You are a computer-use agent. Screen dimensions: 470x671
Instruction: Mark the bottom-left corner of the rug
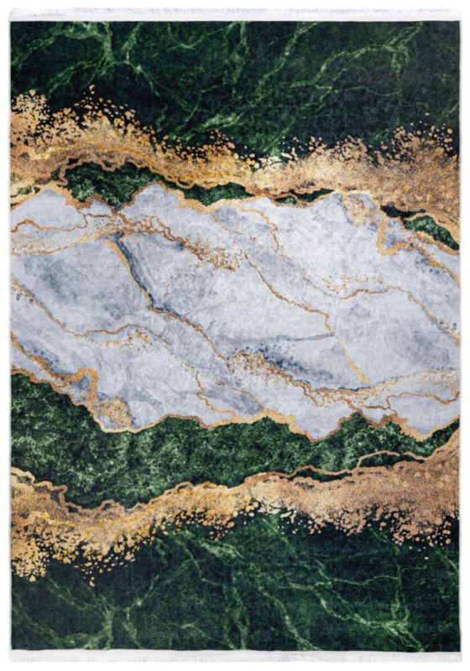click(x=11, y=650)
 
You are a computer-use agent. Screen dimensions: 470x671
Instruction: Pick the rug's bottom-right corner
click(x=459, y=650)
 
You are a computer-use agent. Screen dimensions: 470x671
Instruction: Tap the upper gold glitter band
click(x=168, y=155)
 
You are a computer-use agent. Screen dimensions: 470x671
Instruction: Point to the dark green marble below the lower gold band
click(x=252, y=596)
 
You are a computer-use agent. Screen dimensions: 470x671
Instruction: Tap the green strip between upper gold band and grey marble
click(x=101, y=180)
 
